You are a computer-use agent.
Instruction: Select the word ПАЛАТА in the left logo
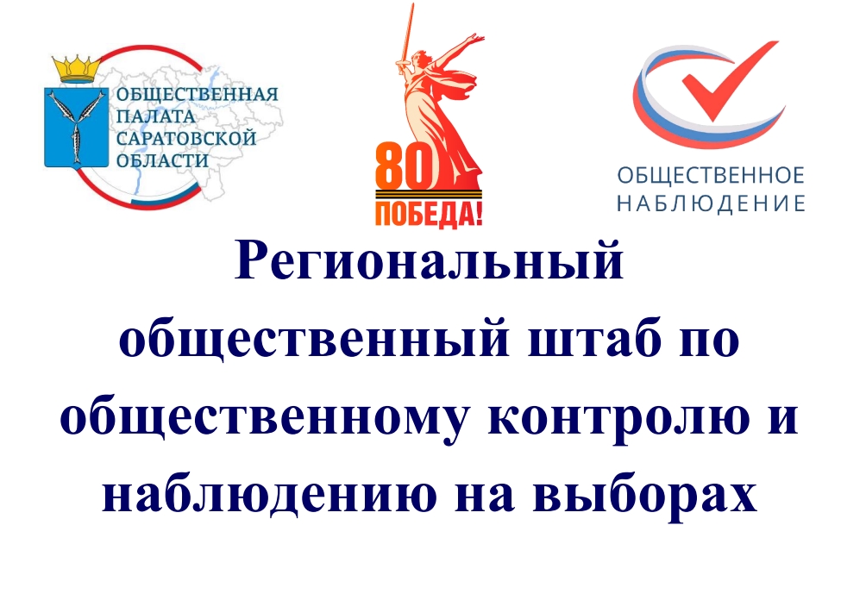tap(156, 116)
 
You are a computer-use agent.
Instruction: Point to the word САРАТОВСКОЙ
tap(186, 138)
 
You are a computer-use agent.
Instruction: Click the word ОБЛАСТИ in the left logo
tap(162, 160)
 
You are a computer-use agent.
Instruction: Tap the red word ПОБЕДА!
tap(429, 214)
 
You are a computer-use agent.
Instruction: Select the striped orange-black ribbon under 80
tap(429, 195)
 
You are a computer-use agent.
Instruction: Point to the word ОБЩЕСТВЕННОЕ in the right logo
tap(711, 175)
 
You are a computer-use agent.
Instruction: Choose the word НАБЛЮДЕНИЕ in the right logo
tap(711, 203)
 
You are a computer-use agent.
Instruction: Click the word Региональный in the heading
tap(429, 263)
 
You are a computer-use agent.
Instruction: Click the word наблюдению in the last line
tap(269, 494)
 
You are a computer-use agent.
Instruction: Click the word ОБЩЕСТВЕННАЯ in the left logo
tap(198, 94)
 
